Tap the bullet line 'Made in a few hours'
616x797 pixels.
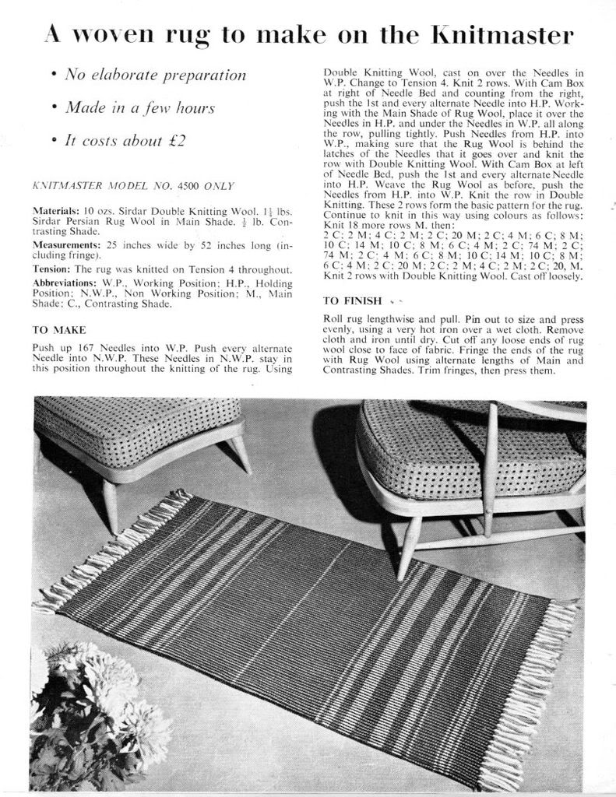click(140, 108)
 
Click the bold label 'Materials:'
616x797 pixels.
click(56, 211)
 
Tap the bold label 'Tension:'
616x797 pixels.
click(52, 269)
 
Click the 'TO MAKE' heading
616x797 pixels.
click(59, 330)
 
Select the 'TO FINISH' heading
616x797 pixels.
click(352, 300)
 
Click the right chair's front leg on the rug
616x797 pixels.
click(407, 557)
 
